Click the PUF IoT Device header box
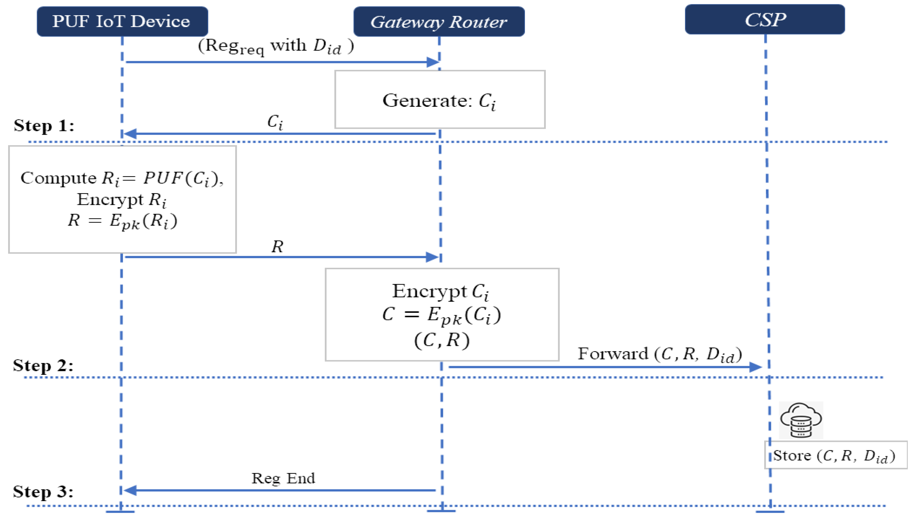point(122,21)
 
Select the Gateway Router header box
point(439,21)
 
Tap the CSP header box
point(764,20)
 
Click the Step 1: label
point(44,126)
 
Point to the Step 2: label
point(43,365)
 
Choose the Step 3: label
point(43,492)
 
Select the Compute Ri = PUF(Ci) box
point(122,199)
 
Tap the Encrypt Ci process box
point(441,314)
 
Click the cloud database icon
point(800,420)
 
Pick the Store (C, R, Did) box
point(835,455)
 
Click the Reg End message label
point(283,479)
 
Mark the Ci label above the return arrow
point(275,122)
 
